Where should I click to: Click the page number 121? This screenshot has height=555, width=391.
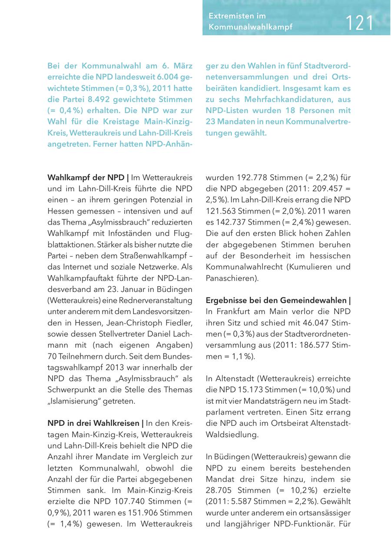(x=360, y=23)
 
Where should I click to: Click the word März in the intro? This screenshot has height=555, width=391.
(x=182, y=66)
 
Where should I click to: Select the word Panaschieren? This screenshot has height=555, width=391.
(x=230, y=278)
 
